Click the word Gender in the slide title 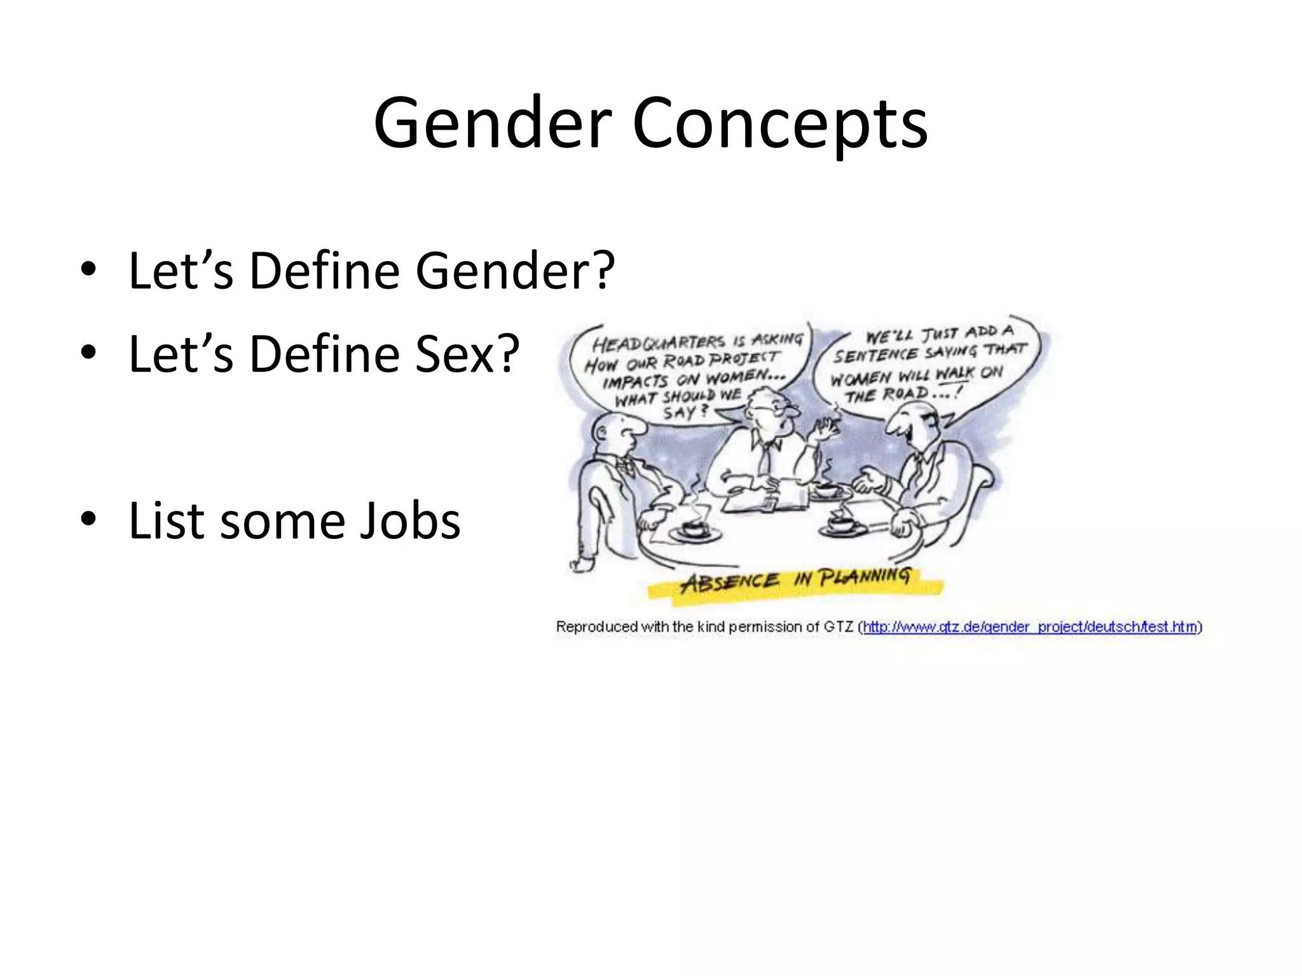493,123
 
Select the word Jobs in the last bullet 409,521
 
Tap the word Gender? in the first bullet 515,271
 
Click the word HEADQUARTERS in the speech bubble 658,343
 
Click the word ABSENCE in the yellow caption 730,581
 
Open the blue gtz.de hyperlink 1030,627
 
